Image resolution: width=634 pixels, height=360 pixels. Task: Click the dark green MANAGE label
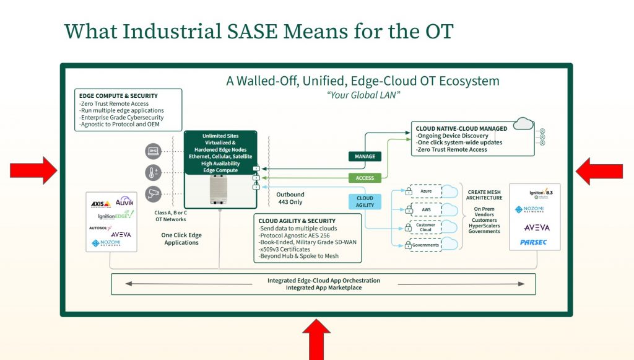pos(365,156)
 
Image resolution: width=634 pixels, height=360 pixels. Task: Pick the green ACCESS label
pos(365,178)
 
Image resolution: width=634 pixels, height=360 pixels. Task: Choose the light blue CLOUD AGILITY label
pos(365,202)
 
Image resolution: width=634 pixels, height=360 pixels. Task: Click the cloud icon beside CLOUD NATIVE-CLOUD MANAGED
pos(523,124)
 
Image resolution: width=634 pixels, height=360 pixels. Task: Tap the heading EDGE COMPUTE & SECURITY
pos(118,96)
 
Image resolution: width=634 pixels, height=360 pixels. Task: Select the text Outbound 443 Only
pos(290,198)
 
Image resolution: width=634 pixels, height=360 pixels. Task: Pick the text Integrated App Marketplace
pos(323,288)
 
